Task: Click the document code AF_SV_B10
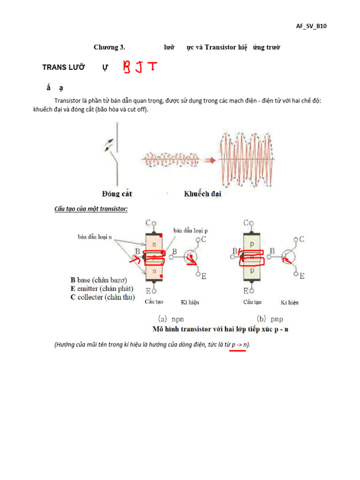(311, 26)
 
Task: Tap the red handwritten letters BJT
(140, 67)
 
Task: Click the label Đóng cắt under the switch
(117, 194)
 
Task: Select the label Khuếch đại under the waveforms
(202, 194)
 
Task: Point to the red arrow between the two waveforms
(210, 160)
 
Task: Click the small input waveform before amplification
(173, 160)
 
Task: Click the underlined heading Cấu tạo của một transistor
(91, 209)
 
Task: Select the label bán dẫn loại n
(95, 237)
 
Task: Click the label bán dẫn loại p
(191, 231)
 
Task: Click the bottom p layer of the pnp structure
(252, 270)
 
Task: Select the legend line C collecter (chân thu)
(103, 297)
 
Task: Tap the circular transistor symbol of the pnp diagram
(288, 256)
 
